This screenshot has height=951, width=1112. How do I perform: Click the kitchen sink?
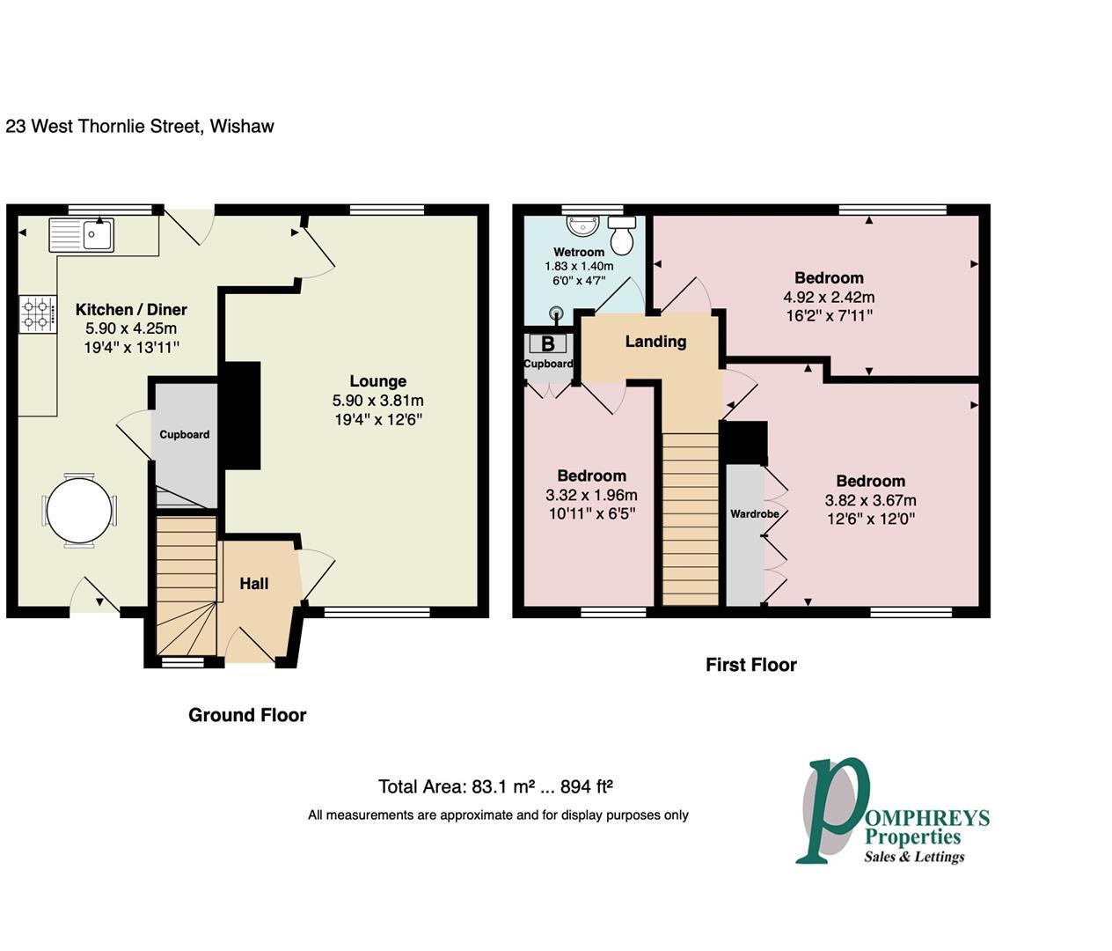(81, 235)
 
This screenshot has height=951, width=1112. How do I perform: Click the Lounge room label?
(377, 381)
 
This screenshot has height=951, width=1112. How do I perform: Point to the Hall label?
(254, 584)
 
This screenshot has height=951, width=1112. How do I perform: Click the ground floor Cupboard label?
(185, 434)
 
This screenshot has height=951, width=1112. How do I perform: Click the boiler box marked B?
(547, 343)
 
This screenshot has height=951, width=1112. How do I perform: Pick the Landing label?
(655, 342)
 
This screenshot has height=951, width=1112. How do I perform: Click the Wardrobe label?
(754, 513)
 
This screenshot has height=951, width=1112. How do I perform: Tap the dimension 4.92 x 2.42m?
(829, 297)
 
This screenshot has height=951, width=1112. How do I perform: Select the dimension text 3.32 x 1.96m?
(591, 495)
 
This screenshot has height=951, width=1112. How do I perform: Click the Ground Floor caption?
(247, 715)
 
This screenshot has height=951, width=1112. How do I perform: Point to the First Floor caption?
(750, 665)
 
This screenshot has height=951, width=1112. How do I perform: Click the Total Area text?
(495, 786)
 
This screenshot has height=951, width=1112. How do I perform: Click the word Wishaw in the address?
(242, 126)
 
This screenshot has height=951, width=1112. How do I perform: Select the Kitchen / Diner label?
(131, 310)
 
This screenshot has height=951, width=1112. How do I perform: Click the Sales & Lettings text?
(914, 856)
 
